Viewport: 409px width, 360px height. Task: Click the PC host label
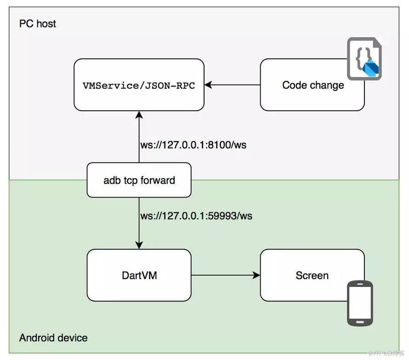pyautogui.click(x=38, y=24)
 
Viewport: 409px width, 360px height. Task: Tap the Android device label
pyautogui.click(x=53, y=338)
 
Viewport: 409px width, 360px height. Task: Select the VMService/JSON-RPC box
pyautogui.click(x=139, y=85)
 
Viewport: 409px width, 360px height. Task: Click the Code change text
pyautogui.click(x=313, y=85)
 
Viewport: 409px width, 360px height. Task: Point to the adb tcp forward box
pyautogui.click(x=139, y=180)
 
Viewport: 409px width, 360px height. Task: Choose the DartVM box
pyautogui.click(x=139, y=275)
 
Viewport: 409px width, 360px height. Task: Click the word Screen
pyautogui.click(x=312, y=276)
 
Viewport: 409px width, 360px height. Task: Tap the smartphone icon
pyautogui.click(x=360, y=303)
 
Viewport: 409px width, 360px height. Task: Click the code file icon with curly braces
pyautogui.click(x=364, y=59)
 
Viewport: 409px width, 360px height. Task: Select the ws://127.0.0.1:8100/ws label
pyautogui.click(x=193, y=145)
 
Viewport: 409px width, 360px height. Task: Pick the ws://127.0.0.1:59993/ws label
pyautogui.click(x=196, y=216)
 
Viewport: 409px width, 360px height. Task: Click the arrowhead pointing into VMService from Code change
pyautogui.click(x=208, y=85)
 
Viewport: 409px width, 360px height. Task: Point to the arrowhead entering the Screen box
pyautogui.click(x=256, y=275)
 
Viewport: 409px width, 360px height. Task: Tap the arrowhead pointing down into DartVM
pyautogui.click(x=139, y=245)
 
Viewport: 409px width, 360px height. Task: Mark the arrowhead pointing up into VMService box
pyautogui.click(x=139, y=115)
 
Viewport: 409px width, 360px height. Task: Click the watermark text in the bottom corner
pyautogui.click(x=386, y=353)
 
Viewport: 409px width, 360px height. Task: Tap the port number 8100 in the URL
pyautogui.click(x=219, y=145)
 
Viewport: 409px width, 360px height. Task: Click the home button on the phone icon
pyautogui.click(x=360, y=322)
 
